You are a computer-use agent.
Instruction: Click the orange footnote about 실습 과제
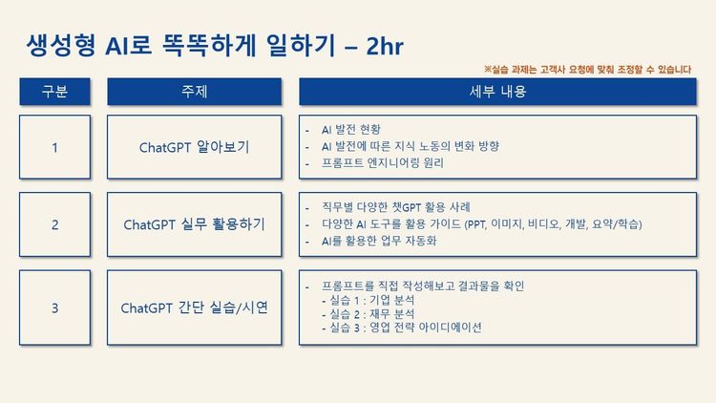click(588, 69)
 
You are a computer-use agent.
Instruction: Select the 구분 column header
click(55, 92)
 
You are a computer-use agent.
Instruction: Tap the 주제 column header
click(195, 92)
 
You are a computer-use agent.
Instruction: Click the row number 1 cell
click(55, 147)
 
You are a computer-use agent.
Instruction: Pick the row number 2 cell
click(55, 224)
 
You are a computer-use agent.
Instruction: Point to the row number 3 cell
click(55, 308)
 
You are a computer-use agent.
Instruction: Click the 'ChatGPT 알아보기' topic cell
click(195, 147)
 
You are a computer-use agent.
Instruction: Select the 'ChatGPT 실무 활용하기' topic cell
click(195, 224)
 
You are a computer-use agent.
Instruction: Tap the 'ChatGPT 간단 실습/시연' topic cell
click(195, 308)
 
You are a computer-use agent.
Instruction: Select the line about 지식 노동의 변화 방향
click(411, 146)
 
